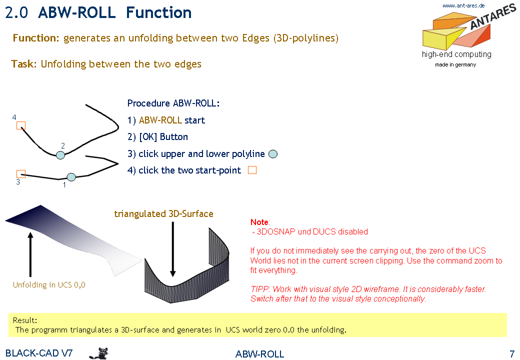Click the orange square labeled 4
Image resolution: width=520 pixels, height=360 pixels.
[x=21, y=125]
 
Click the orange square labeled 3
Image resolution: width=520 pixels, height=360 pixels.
[x=21, y=174]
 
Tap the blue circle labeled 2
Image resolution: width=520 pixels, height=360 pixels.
[x=60, y=155]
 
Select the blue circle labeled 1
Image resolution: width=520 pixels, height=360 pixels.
[x=71, y=177]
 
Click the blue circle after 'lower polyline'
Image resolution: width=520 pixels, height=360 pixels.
[x=273, y=154]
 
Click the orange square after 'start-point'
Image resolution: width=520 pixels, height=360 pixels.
[x=252, y=170]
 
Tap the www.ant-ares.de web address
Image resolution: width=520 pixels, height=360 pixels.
[x=463, y=5]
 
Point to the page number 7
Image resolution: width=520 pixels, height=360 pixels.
[x=512, y=353]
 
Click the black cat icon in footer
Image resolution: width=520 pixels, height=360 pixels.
[x=99, y=353]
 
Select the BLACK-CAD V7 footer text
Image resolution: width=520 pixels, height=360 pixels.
[x=39, y=353]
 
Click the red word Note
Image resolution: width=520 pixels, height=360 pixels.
[x=259, y=222]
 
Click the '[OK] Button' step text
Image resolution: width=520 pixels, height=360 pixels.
[x=157, y=137]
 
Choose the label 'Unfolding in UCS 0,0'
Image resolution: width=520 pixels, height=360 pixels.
[x=49, y=285]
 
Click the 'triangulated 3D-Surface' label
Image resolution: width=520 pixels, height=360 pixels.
[x=164, y=214]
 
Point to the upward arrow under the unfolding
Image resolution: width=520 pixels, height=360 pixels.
[x=30, y=254]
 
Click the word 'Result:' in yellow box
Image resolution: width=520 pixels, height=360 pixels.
[x=25, y=320]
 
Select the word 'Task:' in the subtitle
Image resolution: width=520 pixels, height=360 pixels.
[x=24, y=64]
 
